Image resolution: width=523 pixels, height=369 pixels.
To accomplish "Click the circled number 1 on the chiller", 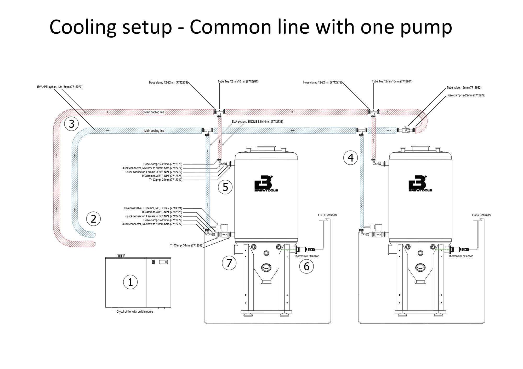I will tap(130, 282).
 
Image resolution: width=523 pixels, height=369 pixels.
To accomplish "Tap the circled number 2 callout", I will tap(93, 219).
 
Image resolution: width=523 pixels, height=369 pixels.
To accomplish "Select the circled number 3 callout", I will tap(71, 124).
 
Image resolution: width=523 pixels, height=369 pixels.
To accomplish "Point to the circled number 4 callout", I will tap(351, 158).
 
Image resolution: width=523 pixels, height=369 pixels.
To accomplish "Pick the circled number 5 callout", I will tap(225, 187).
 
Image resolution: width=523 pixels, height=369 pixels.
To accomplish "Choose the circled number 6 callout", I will tap(306, 266).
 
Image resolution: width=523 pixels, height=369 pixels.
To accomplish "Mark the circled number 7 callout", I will tap(229, 263).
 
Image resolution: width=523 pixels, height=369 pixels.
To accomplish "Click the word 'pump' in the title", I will tap(426, 27).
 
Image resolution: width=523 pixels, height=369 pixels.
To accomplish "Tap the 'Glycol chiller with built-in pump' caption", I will tap(135, 312).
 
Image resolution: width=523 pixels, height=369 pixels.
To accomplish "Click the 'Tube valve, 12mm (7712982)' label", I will tap(464, 88).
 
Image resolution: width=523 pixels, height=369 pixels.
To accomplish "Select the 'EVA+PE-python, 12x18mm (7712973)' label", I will tap(60, 87).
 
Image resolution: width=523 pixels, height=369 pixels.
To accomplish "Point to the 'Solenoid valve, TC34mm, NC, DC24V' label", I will tap(153, 208).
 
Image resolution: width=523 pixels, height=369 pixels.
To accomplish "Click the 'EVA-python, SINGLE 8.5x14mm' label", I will tap(257, 122).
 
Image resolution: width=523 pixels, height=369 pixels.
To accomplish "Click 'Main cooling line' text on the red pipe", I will tap(154, 112).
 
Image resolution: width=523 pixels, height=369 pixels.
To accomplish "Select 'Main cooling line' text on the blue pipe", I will tap(154, 131).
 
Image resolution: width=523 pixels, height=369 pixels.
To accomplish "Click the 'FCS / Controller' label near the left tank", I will tap(327, 215).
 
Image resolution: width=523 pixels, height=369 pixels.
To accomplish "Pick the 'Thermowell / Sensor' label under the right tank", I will tap(461, 256).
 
